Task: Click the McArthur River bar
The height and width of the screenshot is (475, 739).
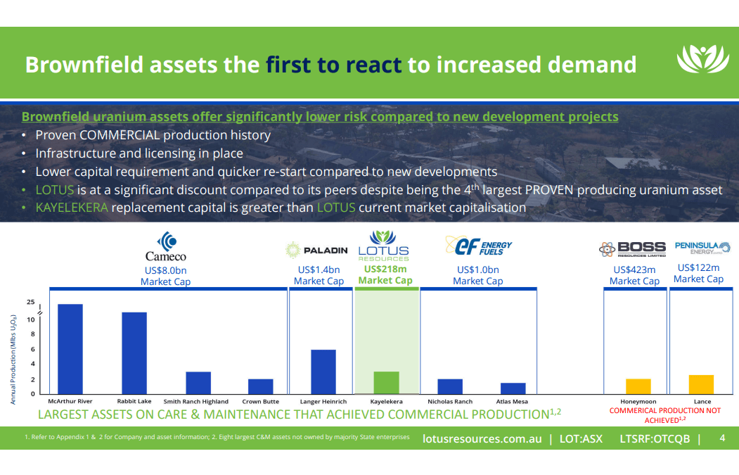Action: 70,349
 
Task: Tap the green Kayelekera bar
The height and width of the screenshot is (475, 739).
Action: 386,382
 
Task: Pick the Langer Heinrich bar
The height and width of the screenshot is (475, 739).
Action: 323,372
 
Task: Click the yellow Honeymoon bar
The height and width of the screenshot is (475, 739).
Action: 638,386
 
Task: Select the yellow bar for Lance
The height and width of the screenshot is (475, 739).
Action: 701,384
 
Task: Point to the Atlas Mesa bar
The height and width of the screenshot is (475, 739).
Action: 513,388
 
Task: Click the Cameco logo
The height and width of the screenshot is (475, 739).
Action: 166,248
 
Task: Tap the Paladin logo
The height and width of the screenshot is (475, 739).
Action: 317,250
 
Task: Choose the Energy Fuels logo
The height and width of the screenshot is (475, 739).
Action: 478,246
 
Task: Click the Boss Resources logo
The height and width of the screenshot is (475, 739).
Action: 632,249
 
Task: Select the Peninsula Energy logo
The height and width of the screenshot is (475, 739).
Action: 702,247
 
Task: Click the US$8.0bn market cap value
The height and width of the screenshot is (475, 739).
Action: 166,270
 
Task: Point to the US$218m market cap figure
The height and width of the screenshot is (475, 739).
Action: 385,269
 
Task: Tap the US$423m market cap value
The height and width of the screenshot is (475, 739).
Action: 634,269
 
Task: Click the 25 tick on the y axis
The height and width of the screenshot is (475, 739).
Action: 30,302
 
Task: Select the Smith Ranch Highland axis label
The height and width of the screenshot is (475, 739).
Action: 196,402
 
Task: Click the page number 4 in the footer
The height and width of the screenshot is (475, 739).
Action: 722,438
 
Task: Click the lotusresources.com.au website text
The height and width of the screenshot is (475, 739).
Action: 482,438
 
